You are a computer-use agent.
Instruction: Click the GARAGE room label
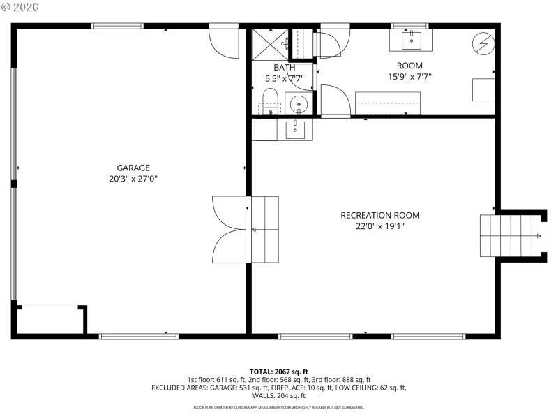click(x=133, y=168)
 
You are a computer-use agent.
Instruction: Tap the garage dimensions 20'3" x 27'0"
click(x=133, y=179)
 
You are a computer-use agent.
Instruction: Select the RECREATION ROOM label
click(x=379, y=215)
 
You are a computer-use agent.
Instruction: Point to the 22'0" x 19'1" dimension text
click(x=379, y=226)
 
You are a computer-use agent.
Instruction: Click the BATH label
click(x=284, y=67)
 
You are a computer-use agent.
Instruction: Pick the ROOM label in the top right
click(x=409, y=65)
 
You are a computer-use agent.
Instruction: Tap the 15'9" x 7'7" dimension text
click(x=409, y=76)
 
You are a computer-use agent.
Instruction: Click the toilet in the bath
click(x=271, y=102)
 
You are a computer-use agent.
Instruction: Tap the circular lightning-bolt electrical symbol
click(x=483, y=44)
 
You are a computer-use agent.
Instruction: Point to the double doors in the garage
click(x=229, y=229)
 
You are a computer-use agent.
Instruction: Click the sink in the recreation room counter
click(x=296, y=129)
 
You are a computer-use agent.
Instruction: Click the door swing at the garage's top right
click(x=224, y=43)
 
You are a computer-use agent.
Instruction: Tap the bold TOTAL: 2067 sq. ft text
click(x=278, y=371)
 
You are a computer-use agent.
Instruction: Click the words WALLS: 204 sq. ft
click(x=278, y=395)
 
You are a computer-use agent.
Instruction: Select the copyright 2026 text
click(x=20, y=6)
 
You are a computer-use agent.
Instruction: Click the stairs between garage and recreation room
click(x=264, y=229)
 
